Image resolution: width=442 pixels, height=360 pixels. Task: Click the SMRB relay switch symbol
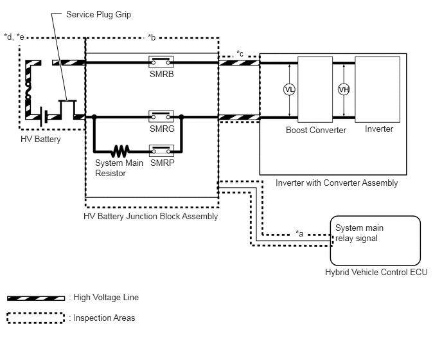(x=161, y=62)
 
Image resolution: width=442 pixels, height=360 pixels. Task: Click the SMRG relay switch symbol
(x=161, y=116)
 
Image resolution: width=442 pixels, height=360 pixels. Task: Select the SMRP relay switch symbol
(x=161, y=151)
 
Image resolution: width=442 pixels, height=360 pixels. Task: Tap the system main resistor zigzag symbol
(x=120, y=151)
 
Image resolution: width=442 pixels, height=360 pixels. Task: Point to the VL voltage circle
(x=289, y=90)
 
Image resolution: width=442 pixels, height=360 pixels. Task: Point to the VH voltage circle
(x=344, y=90)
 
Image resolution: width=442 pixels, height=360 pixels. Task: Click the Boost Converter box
(x=315, y=89)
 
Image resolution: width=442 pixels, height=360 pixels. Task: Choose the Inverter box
(x=378, y=89)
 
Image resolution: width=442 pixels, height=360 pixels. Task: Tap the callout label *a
(x=299, y=233)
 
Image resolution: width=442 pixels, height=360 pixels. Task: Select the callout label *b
(x=152, y=37)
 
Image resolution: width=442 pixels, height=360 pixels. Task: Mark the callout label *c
(x=240, y=53)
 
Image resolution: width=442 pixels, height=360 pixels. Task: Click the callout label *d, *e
(x=14, y=37)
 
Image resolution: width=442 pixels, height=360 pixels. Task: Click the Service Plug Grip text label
(x=99, y=14)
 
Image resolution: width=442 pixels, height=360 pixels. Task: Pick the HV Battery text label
(x=40, y=139)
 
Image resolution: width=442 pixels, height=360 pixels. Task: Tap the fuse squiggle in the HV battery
(x=28, y=90)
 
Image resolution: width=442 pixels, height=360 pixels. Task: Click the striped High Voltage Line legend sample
(x=36, y=298)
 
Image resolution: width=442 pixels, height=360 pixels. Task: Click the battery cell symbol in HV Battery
(x=44, y=116)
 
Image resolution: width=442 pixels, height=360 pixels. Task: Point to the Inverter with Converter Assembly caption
(x=337, y=183)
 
